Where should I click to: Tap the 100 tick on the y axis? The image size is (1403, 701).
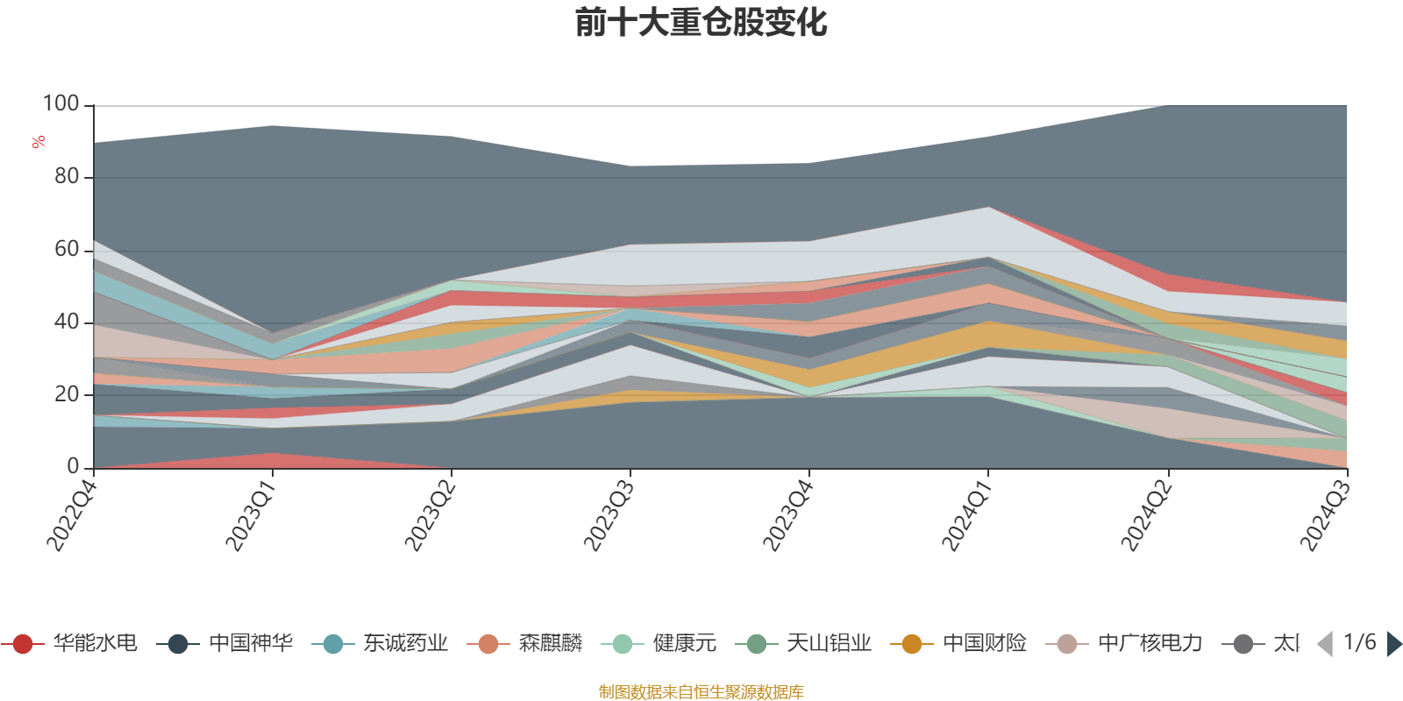61,104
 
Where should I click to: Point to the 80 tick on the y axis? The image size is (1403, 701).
67,177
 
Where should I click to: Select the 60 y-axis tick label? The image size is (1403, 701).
67,250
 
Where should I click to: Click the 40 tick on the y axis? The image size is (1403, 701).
67,322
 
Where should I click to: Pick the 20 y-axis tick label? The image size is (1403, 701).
67,395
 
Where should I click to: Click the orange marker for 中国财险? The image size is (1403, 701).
912,644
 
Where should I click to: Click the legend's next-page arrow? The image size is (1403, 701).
1393,644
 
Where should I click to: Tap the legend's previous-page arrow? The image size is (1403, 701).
1325,644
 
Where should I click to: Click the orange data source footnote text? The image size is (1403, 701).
701,692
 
